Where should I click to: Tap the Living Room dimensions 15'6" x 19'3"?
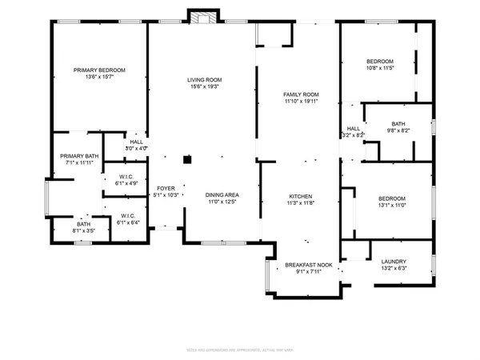[x=205, y=87]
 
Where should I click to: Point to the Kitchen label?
[x=301, y=196]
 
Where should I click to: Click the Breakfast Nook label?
[x=309, y=264]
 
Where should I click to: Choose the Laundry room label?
[x=394, y=261]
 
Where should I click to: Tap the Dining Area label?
[x=222, y=195]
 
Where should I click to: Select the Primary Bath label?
[x=81, y=156]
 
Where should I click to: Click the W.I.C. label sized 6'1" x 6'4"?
[x=126, y=215]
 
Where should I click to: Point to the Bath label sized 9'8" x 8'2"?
[x=398, y=123]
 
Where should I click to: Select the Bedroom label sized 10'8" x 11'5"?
[x=380, y=62]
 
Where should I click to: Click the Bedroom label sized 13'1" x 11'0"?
[x=391, y=198]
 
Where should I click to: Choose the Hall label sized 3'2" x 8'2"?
[x=354, y=129]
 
